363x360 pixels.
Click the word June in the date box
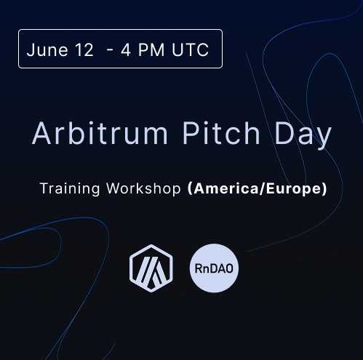47,50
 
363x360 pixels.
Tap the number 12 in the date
84,50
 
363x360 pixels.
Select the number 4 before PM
126,50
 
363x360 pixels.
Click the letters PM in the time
151,50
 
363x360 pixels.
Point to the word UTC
191,50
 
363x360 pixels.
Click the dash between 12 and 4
110,51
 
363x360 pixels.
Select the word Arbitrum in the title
100,133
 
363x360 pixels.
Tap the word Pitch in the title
221,133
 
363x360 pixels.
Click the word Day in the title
303,136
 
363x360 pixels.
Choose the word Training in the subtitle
70,188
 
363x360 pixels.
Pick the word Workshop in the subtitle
143,188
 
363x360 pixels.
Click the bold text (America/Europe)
258,188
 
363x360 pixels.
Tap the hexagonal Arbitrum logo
151,268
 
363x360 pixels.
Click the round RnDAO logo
214,268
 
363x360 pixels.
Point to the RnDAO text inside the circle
214,268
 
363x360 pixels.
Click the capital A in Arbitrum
41,133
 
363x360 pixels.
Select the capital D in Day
284,133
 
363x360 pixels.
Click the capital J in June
31,50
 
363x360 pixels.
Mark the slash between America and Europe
263,188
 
